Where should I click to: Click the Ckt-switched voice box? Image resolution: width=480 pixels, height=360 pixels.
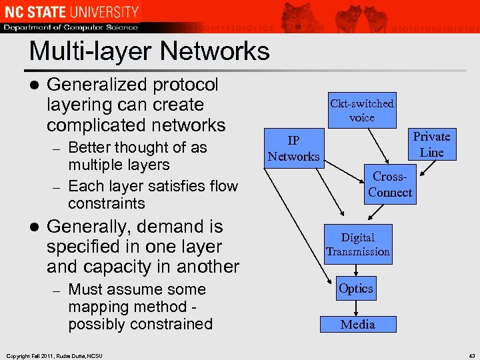(362, 110)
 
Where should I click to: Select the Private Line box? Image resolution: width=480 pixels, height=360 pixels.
(431, 144)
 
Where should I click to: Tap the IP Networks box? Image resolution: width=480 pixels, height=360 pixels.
(293, 149)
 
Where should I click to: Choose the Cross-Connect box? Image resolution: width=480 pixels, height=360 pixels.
(390, 185)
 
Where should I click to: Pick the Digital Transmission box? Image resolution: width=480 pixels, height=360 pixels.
(358, 245)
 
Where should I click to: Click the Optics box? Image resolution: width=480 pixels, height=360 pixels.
(356, 289)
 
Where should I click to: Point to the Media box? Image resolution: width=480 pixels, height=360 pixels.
(358, 325)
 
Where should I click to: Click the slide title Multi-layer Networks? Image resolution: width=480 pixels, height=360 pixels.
(149, 51)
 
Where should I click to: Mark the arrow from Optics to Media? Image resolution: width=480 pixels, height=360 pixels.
(357, 308)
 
